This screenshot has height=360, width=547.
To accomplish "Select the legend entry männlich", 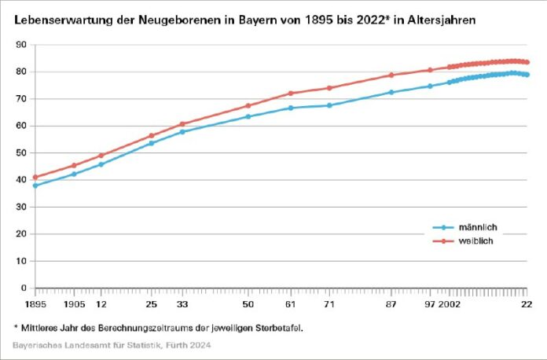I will [478, 227].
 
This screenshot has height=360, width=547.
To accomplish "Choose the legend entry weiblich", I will [476, 241].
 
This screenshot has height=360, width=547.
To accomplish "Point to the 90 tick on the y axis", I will [21, 45].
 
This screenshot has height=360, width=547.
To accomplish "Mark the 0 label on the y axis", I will [24, 288].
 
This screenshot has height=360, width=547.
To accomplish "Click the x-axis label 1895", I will [35, 303].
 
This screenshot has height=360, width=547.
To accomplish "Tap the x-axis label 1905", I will [74, 303].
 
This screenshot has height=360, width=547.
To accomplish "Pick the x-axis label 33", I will [182, 303].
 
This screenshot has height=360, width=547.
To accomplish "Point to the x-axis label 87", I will [391, 303].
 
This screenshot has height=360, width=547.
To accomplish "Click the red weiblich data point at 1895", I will [35, 177].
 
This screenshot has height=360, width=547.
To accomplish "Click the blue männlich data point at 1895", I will [35, 186].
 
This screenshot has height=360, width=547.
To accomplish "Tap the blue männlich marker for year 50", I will [248, 116].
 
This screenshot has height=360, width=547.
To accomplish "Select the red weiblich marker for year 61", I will [291, 94].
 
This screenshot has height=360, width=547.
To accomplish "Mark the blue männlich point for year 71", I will [329, 105].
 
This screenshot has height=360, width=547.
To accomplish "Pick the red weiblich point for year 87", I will [391, 75].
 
